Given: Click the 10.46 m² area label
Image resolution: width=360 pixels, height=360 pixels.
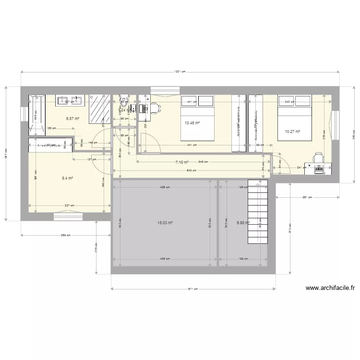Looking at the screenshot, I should (192, 123).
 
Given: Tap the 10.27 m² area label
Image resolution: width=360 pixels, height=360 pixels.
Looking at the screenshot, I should (292, 132).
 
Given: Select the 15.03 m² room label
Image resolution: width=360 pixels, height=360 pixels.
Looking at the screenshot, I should (165, 223).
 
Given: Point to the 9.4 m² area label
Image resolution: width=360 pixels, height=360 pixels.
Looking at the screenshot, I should (67, 178).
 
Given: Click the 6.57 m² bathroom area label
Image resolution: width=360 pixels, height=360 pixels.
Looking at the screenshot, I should (72, 119).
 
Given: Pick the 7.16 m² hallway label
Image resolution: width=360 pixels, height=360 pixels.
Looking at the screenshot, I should (181, 163).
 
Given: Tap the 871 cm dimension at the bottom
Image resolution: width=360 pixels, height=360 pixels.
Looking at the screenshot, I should (193, 289).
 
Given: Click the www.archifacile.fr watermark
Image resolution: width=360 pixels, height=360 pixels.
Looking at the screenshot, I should (330, 288).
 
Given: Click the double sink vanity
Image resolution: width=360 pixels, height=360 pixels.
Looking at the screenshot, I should (70, 100).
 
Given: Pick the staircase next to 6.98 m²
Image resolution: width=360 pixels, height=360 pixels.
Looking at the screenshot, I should (257, 212).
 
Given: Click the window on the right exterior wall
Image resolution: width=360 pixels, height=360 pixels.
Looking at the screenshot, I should (336, 120).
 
